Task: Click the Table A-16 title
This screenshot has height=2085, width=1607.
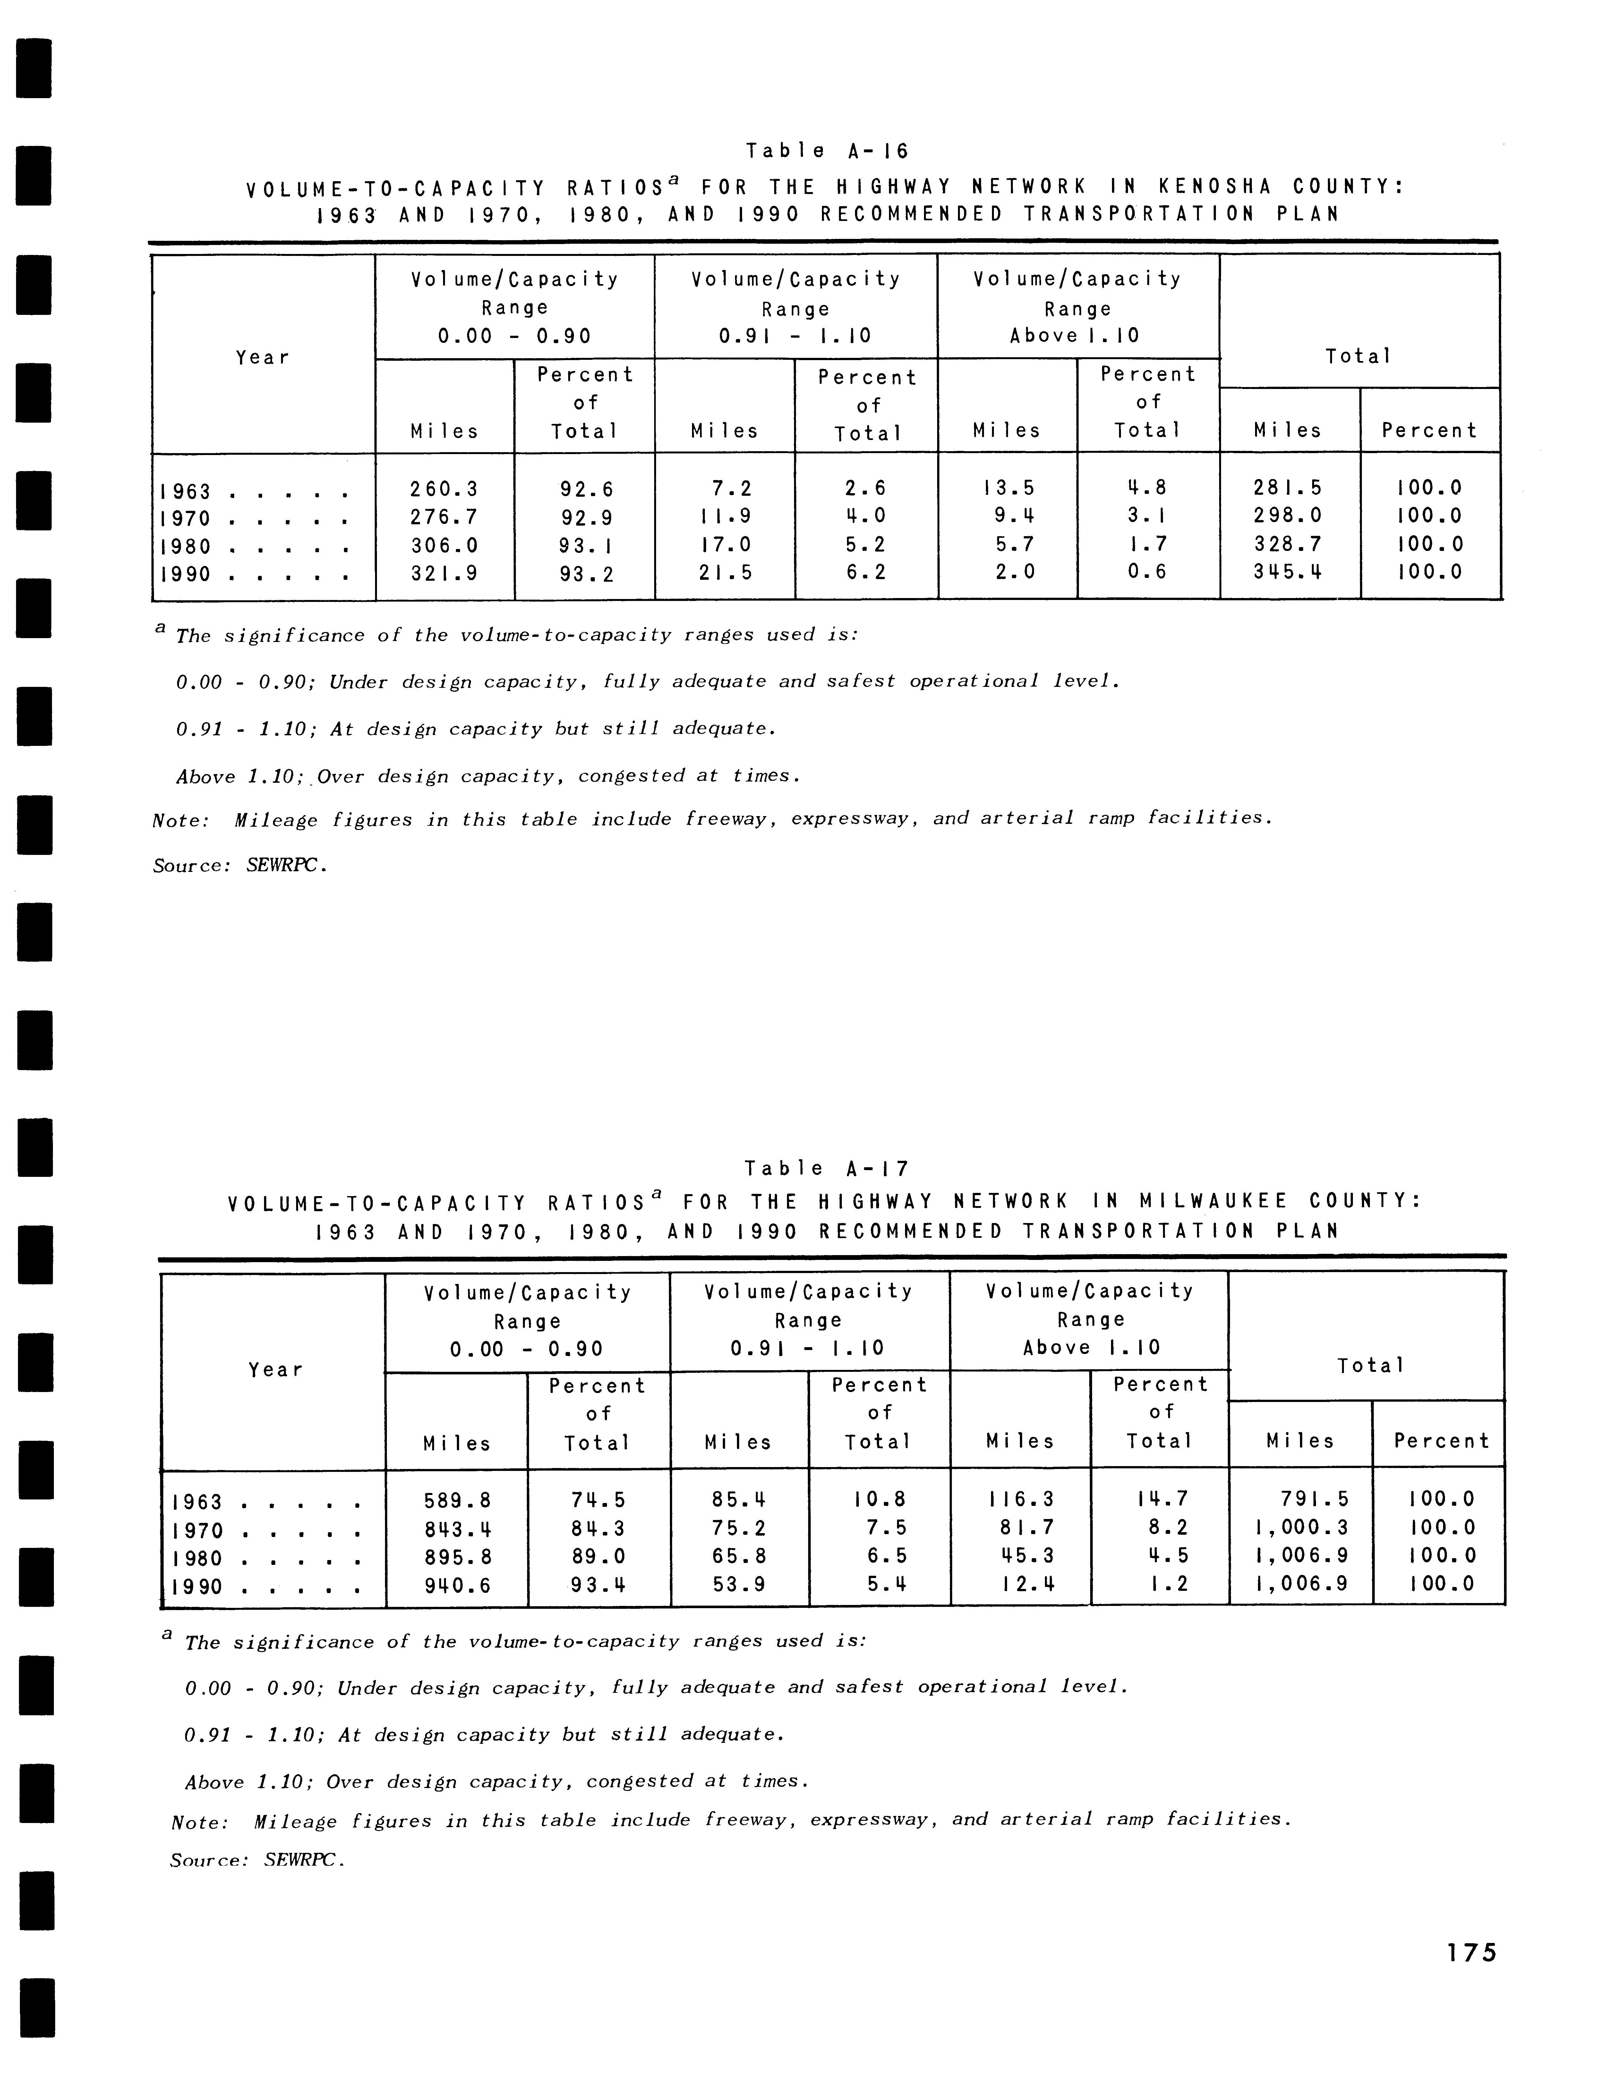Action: point(827,151)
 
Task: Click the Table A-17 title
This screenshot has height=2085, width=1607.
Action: point(827,1169)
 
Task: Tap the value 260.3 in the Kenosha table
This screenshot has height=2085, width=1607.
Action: point(444,489)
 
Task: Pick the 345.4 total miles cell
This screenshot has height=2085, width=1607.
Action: point(1288,573)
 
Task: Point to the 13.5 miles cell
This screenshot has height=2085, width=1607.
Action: point(1007,488)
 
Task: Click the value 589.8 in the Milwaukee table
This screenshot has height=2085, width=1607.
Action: point(457,1501)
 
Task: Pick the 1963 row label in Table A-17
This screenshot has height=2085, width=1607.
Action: point(198,1503)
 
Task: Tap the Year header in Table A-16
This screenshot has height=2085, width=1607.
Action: point(262,358)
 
